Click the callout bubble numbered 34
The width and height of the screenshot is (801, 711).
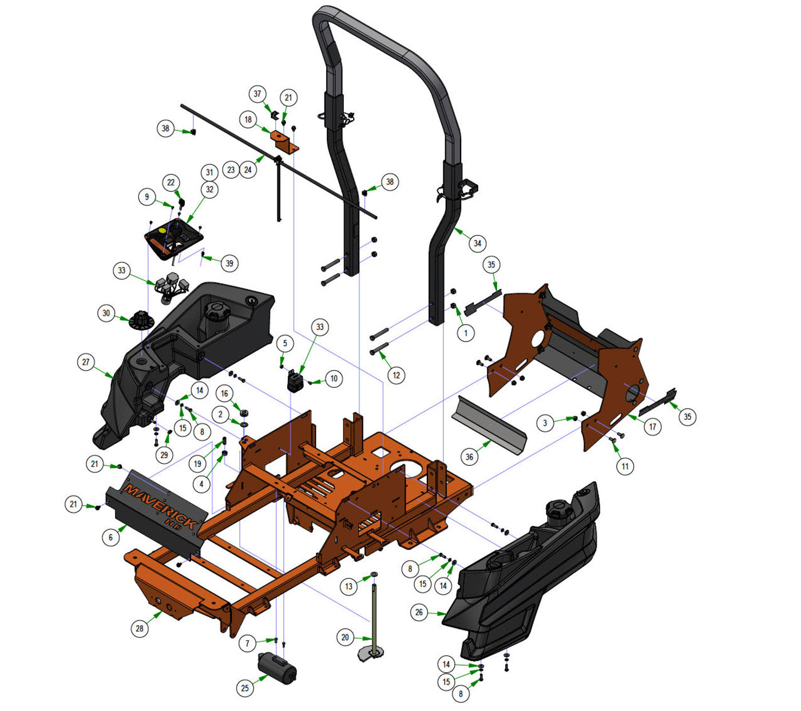[477, 243]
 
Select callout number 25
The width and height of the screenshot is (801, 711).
[245, 688]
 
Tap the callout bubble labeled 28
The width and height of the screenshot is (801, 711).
[140, 629]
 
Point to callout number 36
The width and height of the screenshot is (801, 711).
[469, 457]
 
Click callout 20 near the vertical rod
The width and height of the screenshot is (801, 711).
[345, 637]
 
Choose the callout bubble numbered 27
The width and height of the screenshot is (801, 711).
[86, 362]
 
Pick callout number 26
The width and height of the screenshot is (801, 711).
[419, 612]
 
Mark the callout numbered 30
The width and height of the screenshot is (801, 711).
[106, 313]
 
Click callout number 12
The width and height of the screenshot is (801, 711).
[396, 375]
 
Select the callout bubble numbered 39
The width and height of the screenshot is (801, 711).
[229, 263]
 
